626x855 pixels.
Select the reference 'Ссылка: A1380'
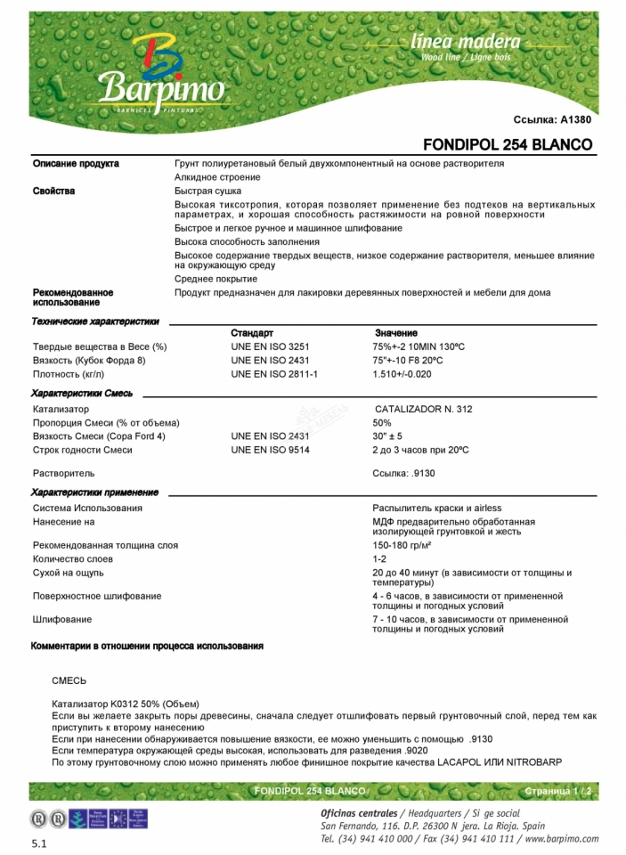[552, 119]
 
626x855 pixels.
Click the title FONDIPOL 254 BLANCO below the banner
[507, 144]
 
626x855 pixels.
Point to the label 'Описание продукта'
[76, 164]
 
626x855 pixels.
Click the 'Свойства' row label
[54, 191]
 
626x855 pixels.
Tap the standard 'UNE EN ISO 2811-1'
[274, 374]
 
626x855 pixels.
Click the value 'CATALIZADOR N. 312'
[423, 409]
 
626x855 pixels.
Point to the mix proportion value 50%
[382, 422]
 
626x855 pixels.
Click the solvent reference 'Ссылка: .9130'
[403, 473]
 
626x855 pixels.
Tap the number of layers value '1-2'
[379, 559]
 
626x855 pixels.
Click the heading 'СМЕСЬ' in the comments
[69, 680]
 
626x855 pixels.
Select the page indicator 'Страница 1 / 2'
[558, 791]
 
